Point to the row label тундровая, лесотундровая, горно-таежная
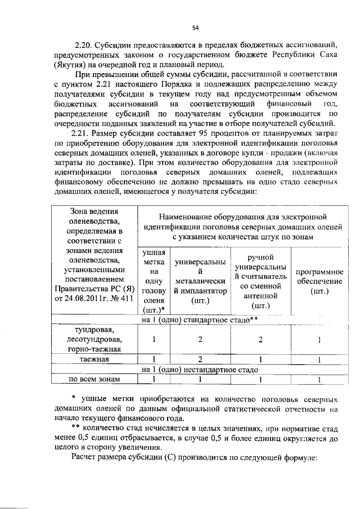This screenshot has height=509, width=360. pos(94,339)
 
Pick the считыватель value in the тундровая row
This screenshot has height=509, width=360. pos(260,340)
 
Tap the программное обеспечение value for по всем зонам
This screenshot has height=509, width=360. pos(319,380)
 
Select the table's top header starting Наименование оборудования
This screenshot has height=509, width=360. pos(243,227)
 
